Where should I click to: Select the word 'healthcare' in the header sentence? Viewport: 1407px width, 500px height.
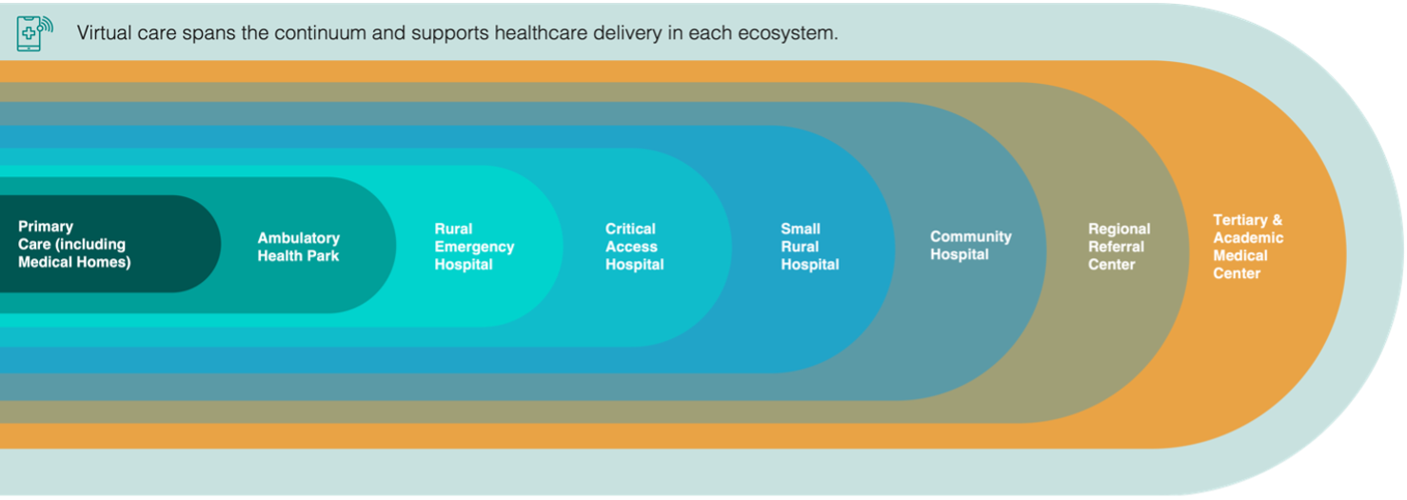point(540,32)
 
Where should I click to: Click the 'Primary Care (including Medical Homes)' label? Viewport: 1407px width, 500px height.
point(74,245)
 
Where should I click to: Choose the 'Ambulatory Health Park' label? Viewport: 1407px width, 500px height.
point(298,247)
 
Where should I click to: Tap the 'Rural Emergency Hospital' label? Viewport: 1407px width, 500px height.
point(474,247)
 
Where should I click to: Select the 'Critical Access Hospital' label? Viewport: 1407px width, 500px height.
point(634,247)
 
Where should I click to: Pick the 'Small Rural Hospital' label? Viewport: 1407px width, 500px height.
point(810,247)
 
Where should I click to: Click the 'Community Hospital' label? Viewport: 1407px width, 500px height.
point(970,246)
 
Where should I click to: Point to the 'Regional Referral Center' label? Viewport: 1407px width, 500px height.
point(1119,247)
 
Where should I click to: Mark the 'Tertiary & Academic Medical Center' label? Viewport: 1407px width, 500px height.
point(1248,247)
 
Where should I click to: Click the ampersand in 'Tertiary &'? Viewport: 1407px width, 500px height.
point(1277,221)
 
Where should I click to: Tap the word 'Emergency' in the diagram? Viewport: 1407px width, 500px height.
point(474,248)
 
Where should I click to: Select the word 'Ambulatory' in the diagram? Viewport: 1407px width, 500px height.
point(298,239)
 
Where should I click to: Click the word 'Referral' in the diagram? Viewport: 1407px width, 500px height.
point(1117,247)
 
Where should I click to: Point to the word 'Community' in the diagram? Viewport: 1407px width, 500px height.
point(970,237)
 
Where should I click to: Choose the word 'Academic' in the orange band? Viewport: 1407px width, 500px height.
point(1248,238)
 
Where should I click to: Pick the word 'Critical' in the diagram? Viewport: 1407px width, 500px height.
point(630,229)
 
